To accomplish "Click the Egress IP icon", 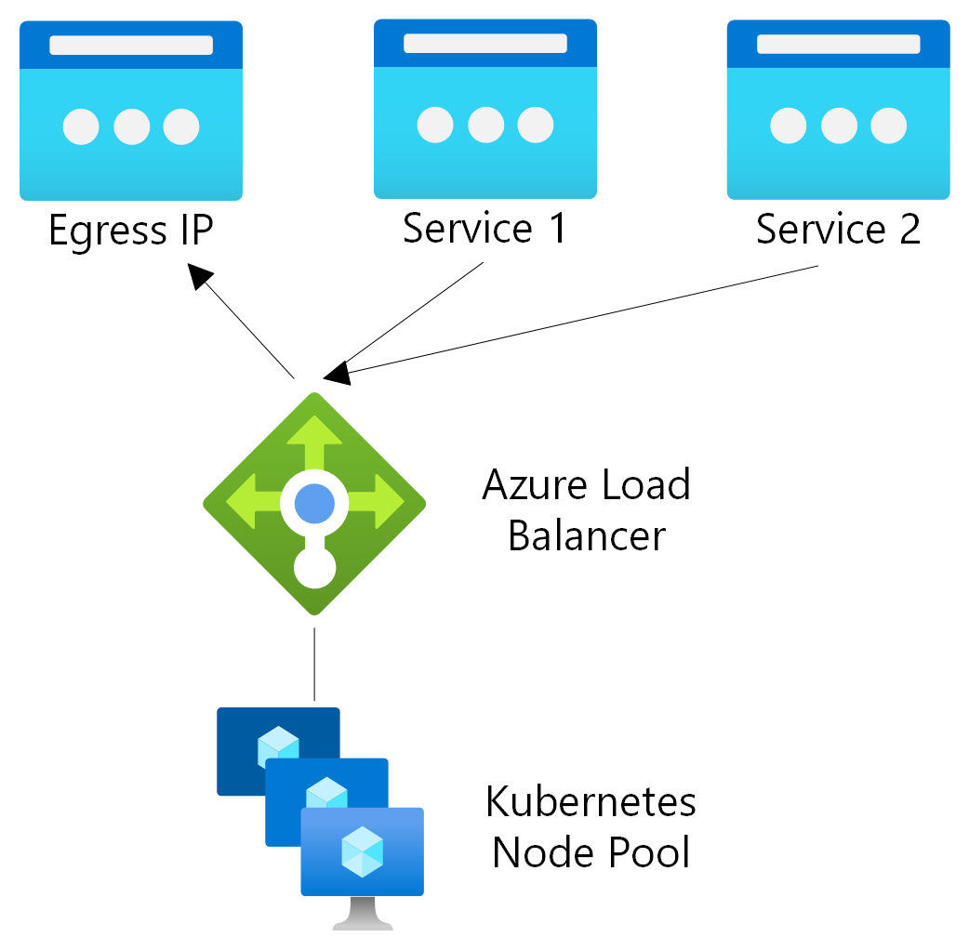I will pyautogui.click(x=131, y=111).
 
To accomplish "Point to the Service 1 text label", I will pyautogui.click(x=484, y=229).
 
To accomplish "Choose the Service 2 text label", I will pyautogui.click(x=838, y=229).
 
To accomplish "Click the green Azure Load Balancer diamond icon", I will pyautogui.click(x=314, y=503).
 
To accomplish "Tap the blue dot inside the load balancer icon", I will pyautogui.click(x=314, y=503).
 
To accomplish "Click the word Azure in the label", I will pyautogui.click(x=535, y=485).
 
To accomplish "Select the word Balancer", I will pyautogui.click(x=587, y=536).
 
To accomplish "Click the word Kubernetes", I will pyautogui.click(x=591, y=801).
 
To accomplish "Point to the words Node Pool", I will pyautogui.click(x=591, y=851).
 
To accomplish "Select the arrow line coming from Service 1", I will pyautogui.click(x=414, y=316).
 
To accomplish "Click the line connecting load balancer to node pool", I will pyautogui.click(x=314, y=664).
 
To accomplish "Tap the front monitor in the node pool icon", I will pyautogui.click(x=362, y=851).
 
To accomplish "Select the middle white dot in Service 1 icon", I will pyautogui.click(x=485, y=125).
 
